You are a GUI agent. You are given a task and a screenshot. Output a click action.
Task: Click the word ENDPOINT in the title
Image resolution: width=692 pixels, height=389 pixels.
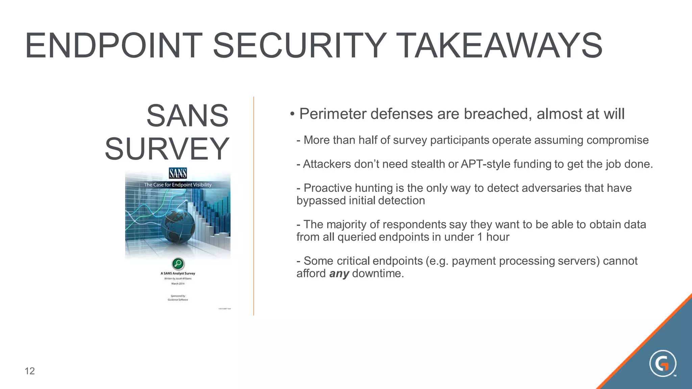click(x=114, y=46)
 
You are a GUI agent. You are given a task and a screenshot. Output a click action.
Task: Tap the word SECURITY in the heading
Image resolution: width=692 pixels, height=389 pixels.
click(x=299, y=46)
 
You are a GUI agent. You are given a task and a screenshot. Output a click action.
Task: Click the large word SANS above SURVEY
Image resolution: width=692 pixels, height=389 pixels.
click(x=188, y=116)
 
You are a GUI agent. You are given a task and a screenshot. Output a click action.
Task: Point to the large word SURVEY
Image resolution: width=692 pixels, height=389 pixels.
click(x=167, y=149)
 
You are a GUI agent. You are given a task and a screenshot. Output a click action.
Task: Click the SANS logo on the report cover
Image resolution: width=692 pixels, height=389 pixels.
click(x=178, y=174)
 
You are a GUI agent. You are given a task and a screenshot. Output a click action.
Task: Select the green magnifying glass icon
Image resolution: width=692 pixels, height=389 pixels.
click(x=178, y=263)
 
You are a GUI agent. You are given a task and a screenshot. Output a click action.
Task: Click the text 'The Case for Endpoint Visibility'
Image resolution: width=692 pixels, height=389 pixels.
click(x=178, y=185)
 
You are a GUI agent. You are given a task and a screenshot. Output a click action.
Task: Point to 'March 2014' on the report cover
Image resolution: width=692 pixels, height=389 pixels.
click(x=178, y=284)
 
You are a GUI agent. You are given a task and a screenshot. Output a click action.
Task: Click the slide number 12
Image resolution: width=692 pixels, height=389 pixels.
click(x=30, y=371)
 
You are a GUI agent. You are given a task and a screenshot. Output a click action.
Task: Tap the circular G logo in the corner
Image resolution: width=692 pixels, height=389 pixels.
click(x=663, y=364)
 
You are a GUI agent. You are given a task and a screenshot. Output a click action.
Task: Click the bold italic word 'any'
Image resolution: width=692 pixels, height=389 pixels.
click(x=339, y=274)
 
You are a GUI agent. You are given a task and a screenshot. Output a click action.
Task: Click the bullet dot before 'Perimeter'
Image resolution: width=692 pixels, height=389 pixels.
click(x=292, y=114)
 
